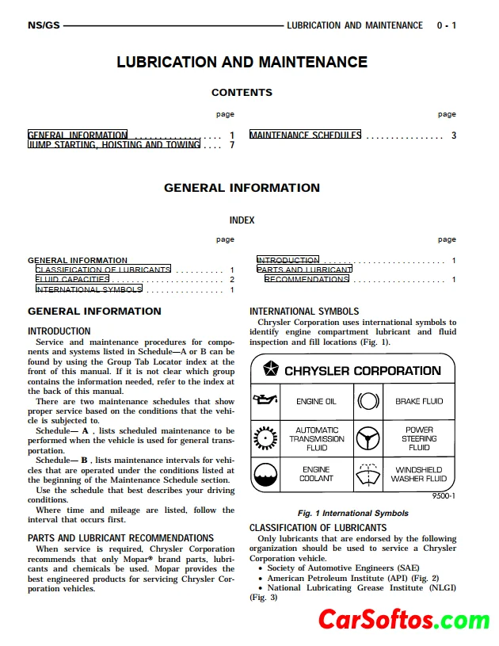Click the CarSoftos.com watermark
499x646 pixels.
tap(404, 620)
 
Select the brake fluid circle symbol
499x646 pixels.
tap(367, 401)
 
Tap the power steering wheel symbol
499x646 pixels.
tap(367, 438)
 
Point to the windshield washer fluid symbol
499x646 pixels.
tap(367, 474)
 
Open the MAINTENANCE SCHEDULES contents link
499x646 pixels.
tap(305, 136)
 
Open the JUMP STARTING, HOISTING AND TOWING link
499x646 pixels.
tap(114, 145)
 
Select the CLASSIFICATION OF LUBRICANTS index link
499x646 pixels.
tap(103, 269)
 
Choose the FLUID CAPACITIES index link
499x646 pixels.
tap(73, 280)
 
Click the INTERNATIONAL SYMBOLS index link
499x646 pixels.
tap(89, 289)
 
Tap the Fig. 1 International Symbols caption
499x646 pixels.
tap(352, 513)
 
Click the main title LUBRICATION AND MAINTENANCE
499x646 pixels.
tap(242, 62)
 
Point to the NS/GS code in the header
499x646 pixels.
tap(43, 25)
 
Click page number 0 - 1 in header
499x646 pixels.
tap(447, 25)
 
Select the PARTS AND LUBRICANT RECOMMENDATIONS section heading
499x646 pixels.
tap(120, 537)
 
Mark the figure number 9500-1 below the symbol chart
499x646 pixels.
tap(444, 497)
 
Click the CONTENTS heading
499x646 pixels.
tap(242, 93)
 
